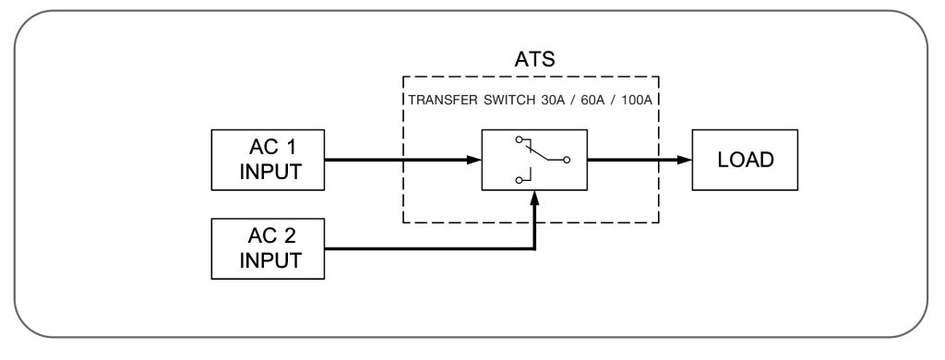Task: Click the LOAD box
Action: coord(745,160)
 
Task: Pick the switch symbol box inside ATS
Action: coord(534,160)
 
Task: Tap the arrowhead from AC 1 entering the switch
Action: coord(473,160)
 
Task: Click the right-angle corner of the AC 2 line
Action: coord(534,247)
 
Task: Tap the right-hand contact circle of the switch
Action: coord(567,160)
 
